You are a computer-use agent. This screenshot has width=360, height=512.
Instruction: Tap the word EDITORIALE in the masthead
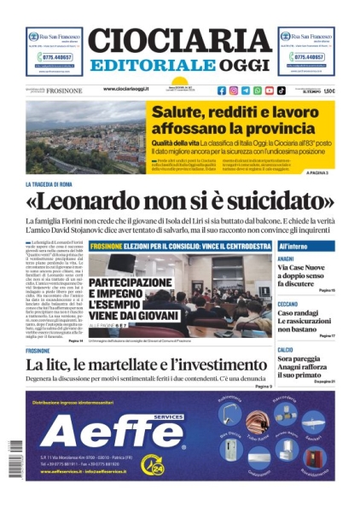[154, 66]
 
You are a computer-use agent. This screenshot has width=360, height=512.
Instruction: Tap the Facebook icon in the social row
[222, 90]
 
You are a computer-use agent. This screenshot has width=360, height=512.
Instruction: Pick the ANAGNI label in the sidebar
[286, 259]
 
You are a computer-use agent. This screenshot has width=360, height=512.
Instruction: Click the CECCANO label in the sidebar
[287, 304]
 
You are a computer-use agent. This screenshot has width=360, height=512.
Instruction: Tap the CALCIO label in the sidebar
[285, 350]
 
